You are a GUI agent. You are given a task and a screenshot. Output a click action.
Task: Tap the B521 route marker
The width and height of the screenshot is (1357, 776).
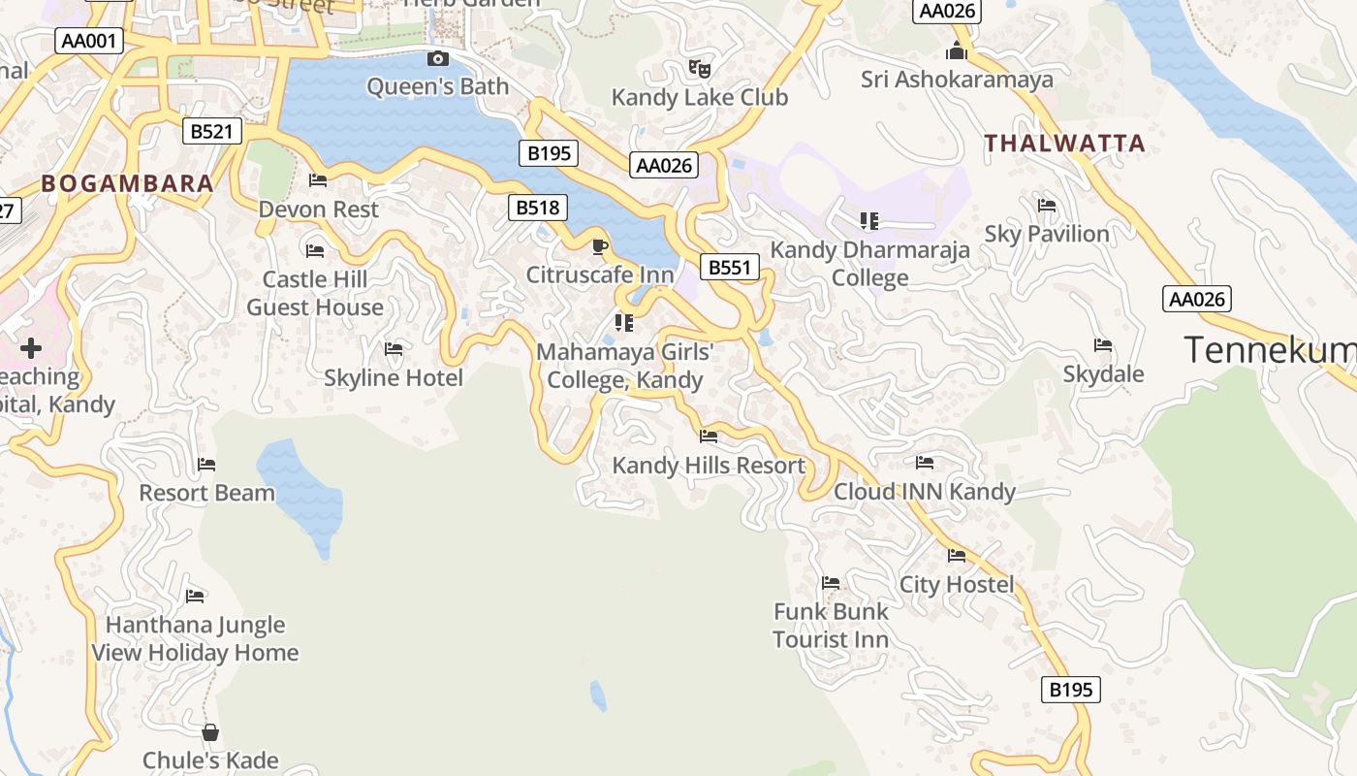pyautogui.click(x=211, y=131)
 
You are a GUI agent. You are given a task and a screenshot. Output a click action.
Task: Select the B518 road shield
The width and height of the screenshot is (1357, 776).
pyautogui.click(x=538, y=207)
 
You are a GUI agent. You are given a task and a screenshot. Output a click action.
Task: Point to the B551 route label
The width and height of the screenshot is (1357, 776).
pyautogui.click(x=729, y=268)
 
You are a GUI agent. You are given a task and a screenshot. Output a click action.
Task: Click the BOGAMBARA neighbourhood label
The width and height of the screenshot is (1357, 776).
pyautogui.click(x=127, y=183)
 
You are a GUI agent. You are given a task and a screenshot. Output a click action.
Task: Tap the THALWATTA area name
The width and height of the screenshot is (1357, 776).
pyautogui.click(x=1065, y=144)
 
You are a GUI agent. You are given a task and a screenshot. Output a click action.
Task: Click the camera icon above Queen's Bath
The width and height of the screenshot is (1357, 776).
pyautogui.click(x=438, y=58)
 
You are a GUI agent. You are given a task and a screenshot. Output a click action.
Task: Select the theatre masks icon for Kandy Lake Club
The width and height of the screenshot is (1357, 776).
pyautogui.click(x=699, y=68)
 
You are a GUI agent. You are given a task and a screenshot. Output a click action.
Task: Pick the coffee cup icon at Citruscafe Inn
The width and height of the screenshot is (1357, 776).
pyautogui.click(x=599, y=246)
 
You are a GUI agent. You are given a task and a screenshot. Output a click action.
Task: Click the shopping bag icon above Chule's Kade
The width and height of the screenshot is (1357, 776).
pyautogui.click(x=210, y=732)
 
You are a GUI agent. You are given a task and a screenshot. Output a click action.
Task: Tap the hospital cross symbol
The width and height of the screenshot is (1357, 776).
pyautogui.click(x=31, y=347)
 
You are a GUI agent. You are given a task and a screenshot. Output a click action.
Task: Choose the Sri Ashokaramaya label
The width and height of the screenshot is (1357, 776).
pyautogui.click(x=957, y=80)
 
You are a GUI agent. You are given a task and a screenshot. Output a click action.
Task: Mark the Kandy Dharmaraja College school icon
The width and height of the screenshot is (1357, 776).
pyautogui.click(x=868, y=221)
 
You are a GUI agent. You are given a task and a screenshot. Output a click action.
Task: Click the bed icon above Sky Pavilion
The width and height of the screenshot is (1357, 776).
pyautogui.click(x=1047, y=206)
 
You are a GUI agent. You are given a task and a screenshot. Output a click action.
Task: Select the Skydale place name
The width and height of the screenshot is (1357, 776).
pyautogui.click(x=1103, y=374)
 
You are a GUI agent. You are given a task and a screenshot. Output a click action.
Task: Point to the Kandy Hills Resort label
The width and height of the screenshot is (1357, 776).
pyautogui.click(x=709, y=466)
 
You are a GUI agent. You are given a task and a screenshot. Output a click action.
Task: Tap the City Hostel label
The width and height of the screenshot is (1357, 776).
pyautogui.click(x=957, y=584)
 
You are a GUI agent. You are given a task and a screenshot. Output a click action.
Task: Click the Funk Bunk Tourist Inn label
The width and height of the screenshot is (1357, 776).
pyautogui.click(x=831, y=626)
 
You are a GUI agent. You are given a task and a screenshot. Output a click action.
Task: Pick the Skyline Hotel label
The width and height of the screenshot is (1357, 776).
pyautogui.click(x=394, y=377)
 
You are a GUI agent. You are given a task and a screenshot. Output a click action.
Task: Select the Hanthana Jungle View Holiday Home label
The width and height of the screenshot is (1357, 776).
pyautogui.click(x=195, y=638)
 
